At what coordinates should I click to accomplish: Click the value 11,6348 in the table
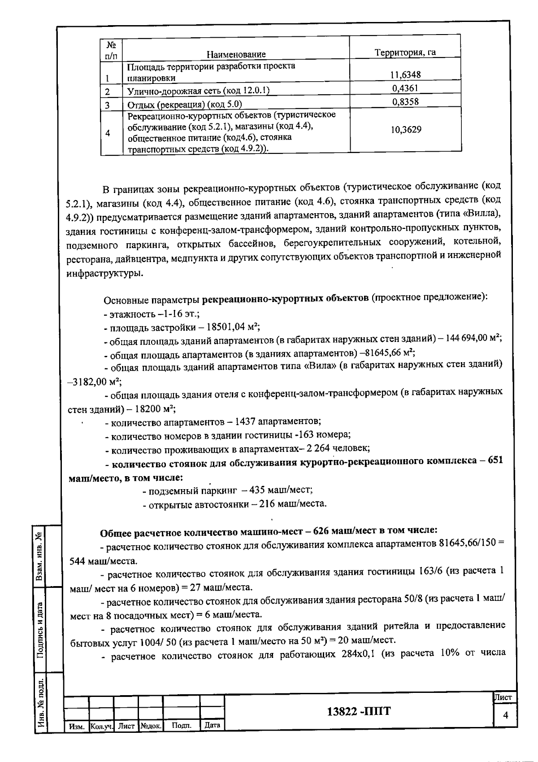[x=405, y=74]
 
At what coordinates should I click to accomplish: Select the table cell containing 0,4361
[x=405, y=88]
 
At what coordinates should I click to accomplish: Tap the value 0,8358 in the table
[x=405, y=101]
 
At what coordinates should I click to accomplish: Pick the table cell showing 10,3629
[x=405, y=130]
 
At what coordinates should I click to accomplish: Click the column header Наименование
[x=236, y=54]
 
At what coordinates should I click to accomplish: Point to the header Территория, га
[x=405, y=53]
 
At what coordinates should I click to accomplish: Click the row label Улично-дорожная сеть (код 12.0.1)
[x=198, y=91]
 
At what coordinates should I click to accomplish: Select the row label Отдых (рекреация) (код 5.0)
[x=178, y=105]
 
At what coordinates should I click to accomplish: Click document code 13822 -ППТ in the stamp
[x=359, y=711]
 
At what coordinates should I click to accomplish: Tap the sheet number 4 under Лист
[x=505, y=716]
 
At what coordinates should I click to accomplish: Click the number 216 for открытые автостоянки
[x=267, y=504]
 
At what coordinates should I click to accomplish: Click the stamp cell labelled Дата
[x=212, y=725]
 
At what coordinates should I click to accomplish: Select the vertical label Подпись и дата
[x=40, y=630]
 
